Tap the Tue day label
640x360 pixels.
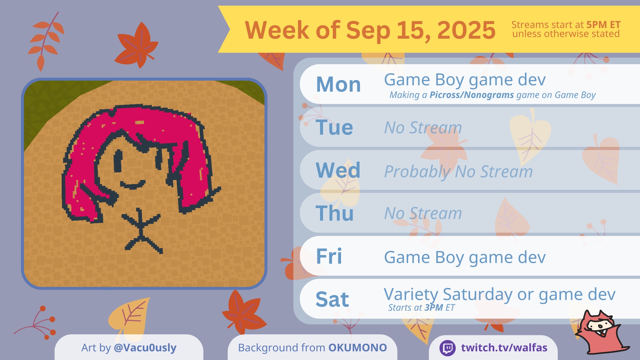334,127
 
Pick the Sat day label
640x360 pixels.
332,299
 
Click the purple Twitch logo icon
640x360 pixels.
448,348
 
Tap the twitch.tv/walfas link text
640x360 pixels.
504,348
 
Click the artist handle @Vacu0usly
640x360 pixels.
145,348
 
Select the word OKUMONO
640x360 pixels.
358,348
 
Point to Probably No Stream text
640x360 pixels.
458,172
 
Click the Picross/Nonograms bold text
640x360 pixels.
472,95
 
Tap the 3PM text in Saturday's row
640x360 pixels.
434,307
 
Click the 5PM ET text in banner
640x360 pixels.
603,25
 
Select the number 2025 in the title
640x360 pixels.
466,30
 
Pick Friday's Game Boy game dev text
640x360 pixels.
465,257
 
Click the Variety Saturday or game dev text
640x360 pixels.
500,294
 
